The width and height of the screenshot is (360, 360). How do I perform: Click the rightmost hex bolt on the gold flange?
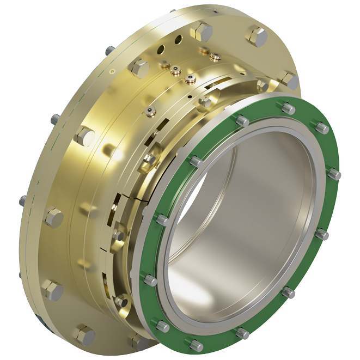point(291,81)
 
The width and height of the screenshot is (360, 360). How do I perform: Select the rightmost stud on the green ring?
point(334,174)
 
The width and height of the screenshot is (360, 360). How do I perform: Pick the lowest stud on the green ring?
point(197,345)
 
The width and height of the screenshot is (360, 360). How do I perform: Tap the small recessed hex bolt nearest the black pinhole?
point(206,102)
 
